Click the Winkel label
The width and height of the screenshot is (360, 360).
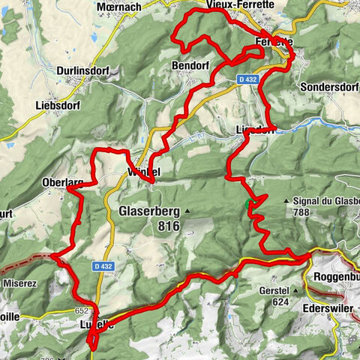pos(141,172)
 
